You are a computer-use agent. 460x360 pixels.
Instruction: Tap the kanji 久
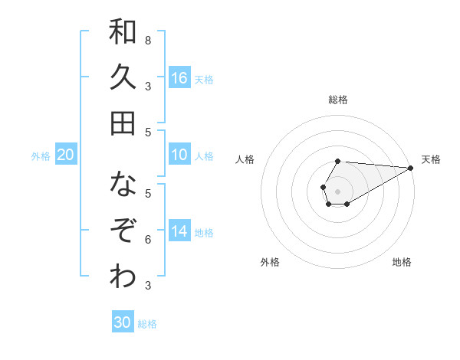[123, 77]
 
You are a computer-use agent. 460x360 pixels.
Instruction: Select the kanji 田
[123, 123]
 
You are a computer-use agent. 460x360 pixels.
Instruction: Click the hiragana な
[123, 185]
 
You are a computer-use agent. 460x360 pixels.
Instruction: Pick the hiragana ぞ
[123, 231]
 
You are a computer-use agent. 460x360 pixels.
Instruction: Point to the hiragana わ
[123, 277]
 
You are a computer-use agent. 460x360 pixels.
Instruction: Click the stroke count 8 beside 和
[148, 40]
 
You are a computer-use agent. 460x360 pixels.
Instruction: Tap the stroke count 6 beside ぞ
[148, 240]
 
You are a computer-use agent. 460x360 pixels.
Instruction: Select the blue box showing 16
[179, 77]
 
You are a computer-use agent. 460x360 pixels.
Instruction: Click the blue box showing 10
[179, 155]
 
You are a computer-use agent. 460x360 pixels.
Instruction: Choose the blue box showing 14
[179, 231]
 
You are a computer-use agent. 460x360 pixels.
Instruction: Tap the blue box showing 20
[66, 155]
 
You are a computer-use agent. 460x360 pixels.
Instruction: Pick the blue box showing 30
[123, 322]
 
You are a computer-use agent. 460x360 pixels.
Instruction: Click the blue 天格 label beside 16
[204, 79]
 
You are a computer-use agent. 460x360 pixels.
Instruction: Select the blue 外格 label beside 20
[41, 156]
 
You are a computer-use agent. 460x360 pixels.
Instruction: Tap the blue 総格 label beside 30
[147, 324]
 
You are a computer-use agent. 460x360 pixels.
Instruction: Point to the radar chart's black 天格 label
[431, 159]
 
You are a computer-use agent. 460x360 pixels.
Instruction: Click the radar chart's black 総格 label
[338, 100]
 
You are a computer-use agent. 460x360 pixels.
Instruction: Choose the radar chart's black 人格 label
[245, 159]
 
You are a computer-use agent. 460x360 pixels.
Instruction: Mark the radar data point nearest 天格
[410, 167]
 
